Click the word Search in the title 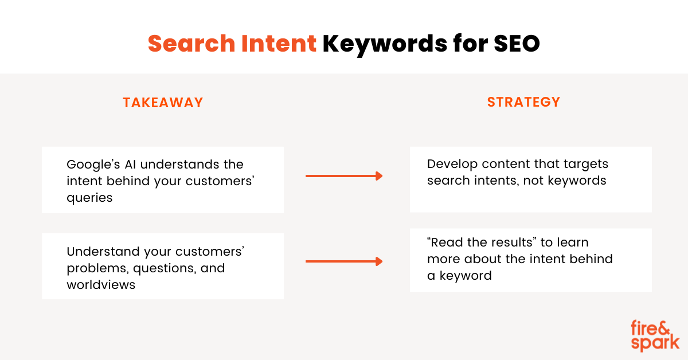[x=191, y=44]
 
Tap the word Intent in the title [x=279, y=44]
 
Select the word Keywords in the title [x=385, y=45]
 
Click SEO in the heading [x=517, y=44]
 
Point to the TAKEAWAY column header [x=163, y=103]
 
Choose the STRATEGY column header [x=523, y=102]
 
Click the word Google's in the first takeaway [x=93, y=165]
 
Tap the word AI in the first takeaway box [x=130, y=165]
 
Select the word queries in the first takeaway [x=89, y=198]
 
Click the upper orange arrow [x=344, y=176]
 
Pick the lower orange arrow [x=344, y=261]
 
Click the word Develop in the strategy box [x=452, y=165]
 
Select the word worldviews [x=101, y=285]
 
